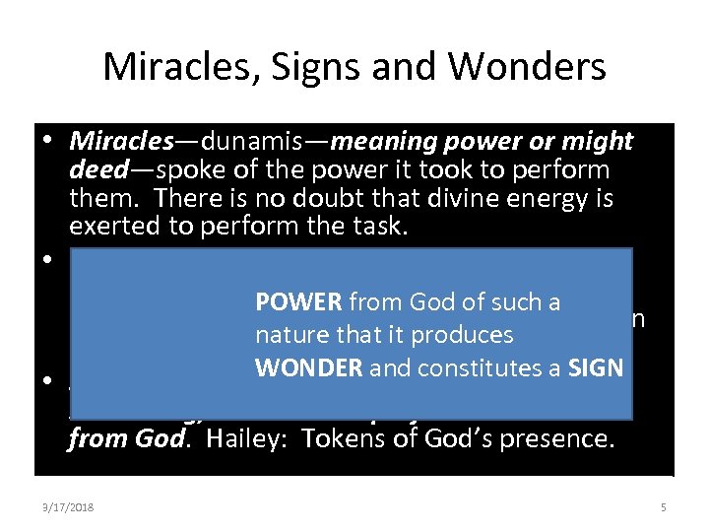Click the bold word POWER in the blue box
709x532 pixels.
[298, 302]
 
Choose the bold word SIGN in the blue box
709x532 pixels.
[597, 367]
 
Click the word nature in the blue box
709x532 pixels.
[287, 335]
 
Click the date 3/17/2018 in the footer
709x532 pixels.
[68, 507]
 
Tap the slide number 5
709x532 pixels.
[663, 507]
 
